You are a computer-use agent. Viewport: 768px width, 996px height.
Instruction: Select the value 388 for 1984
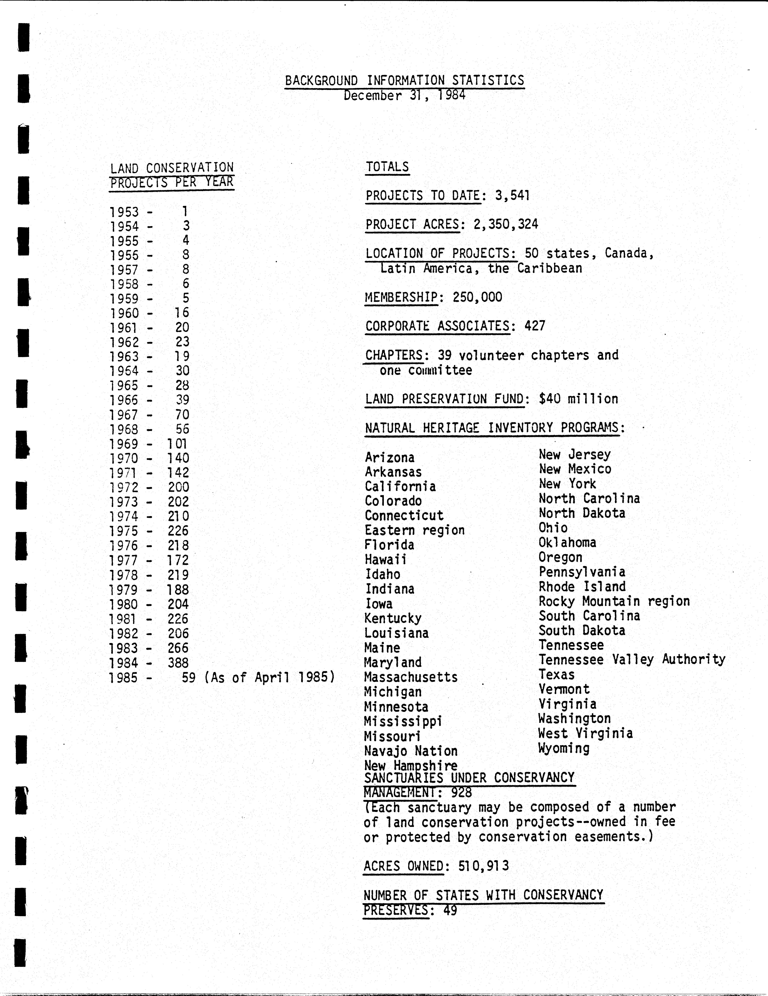(178, 663)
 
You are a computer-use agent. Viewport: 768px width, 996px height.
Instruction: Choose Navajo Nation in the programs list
(410, 751)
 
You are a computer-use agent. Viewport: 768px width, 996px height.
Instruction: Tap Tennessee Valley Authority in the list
(632, 659)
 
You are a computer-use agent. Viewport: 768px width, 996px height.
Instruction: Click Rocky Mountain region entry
(614, 601)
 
